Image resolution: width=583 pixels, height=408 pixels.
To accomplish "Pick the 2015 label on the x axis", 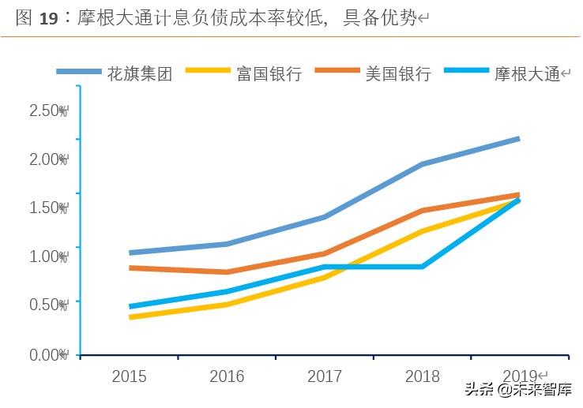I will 129,376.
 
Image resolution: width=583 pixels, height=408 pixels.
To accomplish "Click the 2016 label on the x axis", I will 227,376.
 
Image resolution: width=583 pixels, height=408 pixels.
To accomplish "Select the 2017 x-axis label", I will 324,376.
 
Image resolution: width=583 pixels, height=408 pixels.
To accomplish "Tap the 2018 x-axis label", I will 422,376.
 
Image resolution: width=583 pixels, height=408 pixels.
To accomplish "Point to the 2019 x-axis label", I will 519,376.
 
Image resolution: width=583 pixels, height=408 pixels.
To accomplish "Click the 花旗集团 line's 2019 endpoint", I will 519,139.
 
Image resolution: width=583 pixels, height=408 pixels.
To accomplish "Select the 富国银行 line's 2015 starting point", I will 130,317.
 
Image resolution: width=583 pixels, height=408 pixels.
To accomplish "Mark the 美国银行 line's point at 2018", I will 422,211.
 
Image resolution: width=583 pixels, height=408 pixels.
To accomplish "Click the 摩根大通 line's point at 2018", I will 422,267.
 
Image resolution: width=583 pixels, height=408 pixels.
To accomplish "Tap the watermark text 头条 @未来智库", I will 517,389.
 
